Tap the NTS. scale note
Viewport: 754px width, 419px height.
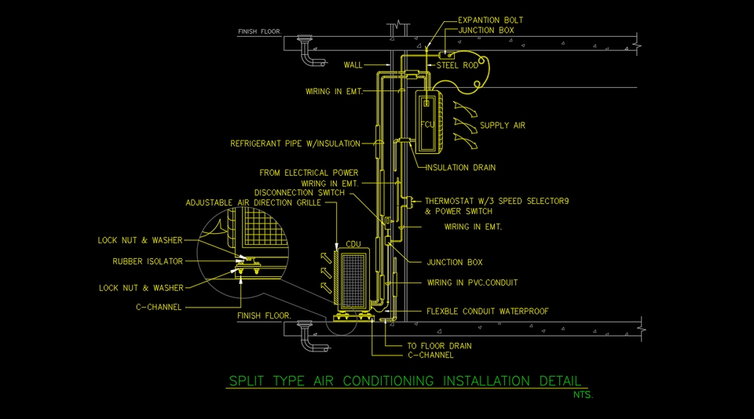583,394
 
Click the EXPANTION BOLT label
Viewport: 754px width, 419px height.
490,20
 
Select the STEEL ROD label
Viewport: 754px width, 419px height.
457,65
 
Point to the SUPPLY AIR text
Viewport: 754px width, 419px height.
503,126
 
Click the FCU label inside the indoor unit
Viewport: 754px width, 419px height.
427,125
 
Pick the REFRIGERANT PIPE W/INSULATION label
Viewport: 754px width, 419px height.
295,144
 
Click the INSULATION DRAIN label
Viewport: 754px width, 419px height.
460,167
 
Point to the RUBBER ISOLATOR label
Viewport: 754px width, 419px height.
148,261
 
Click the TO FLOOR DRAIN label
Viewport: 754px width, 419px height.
439,345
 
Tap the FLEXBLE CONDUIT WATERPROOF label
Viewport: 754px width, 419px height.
487,312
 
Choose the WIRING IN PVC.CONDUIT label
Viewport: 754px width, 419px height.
472,282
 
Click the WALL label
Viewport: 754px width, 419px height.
353,65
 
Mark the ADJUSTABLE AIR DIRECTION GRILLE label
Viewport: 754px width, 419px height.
253,202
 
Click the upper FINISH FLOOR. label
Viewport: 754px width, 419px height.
265,32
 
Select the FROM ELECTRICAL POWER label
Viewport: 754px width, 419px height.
309,173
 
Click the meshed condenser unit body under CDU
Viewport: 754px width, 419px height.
355,279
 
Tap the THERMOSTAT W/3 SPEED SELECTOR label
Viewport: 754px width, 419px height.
496,201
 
